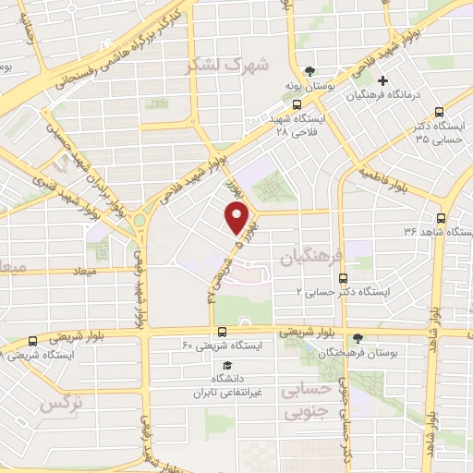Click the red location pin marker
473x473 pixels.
pyautogui.click(x=237, y=218)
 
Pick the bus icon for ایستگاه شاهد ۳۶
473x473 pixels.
pyautogui.click(x=440, y=219)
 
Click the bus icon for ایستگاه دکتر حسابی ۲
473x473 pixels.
pyautogui.click(x=343, y=277)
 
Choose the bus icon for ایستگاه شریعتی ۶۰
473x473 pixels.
pyautogui.click(x=221, y=332)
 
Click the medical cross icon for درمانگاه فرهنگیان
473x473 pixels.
pyautogui.click(x=382, y=81)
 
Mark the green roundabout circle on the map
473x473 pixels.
pyautogui.click(x=139, y=222)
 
